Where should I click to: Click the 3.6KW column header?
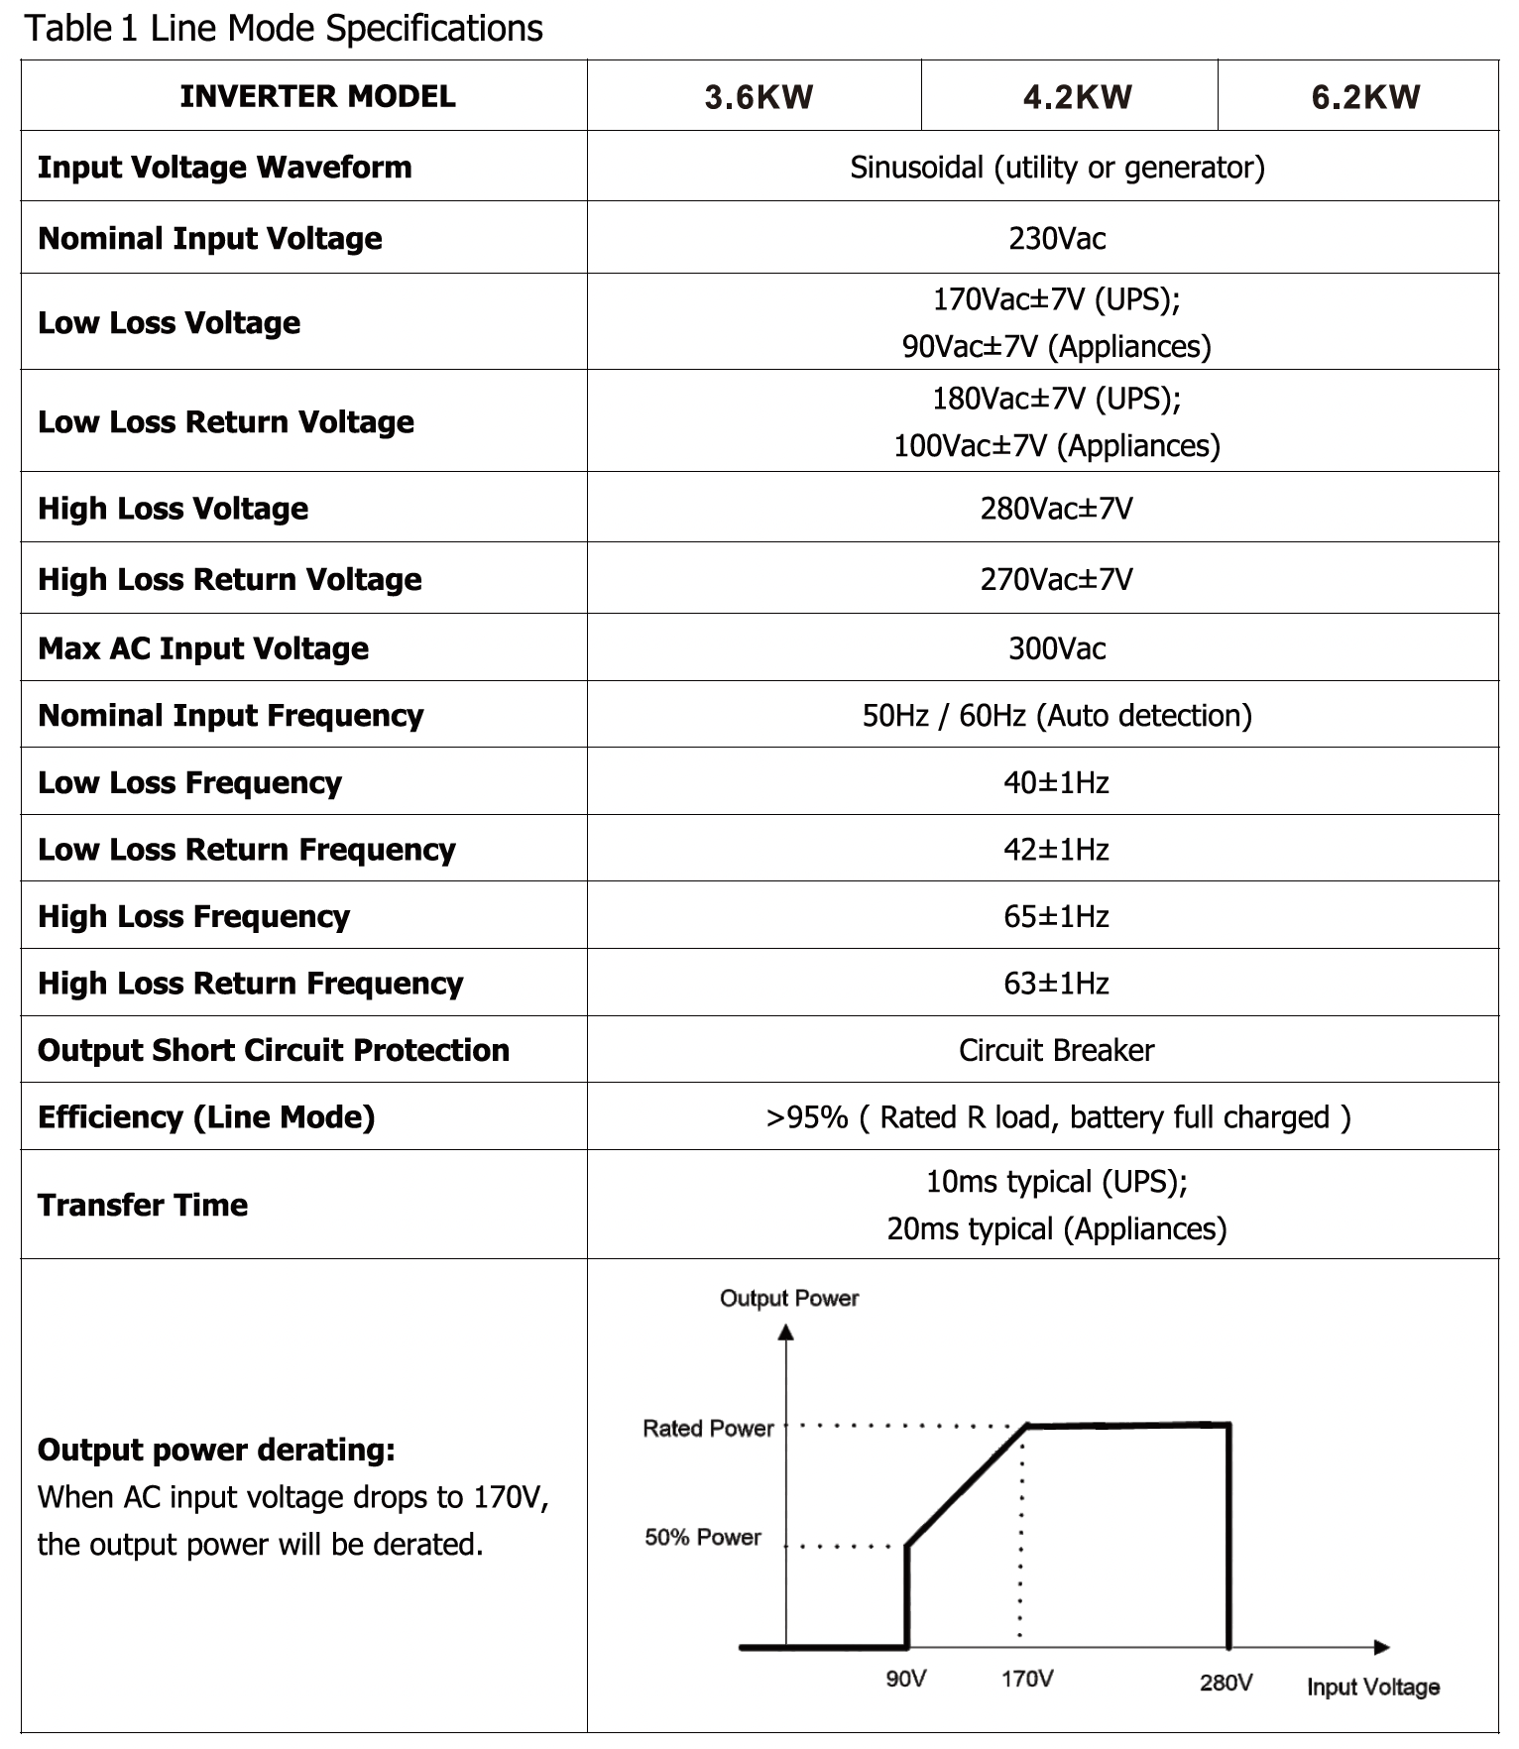[x=759, y=97]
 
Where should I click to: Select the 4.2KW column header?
[x=1077, y=97]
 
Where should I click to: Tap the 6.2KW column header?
[x=1365, y=97]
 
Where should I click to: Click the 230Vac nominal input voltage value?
[x=1057, y=239]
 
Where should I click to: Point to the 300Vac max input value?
[x=1057, y=648]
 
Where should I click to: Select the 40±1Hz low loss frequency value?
[x=1056, y=782]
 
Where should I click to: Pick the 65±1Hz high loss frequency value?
[x=1056, y=916]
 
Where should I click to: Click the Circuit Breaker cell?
[x=1056, y=1050]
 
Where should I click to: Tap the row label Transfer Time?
[x=143, y=1205]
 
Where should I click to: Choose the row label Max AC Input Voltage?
[x=203, y=648]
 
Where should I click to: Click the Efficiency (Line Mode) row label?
[x=206, y=1117]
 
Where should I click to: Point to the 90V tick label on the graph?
[x=905, y=1679]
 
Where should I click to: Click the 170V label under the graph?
[x=1027, y=1679]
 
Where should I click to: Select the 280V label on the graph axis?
[x=1227, y=1682]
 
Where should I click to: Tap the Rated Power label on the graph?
[x=708, y=1429]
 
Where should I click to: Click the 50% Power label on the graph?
[x=703, y=1538]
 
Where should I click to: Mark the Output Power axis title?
[x=789, y=1299]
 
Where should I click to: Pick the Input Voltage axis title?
[x=1373, y=1687]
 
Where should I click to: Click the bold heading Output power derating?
[x=216, y=1450]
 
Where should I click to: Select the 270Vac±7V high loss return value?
[x=1056, y=579]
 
